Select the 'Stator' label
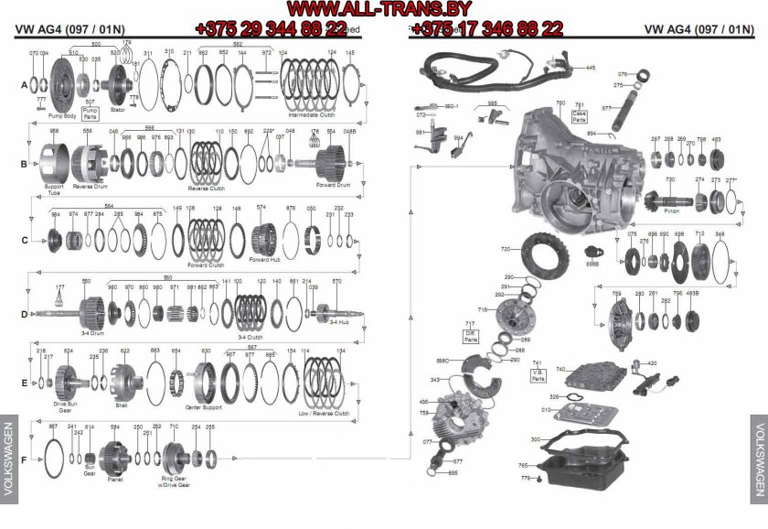[x=117, y=111]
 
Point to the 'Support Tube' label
[x=54, y=190]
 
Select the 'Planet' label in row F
[x=115, y=478]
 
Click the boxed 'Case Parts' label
[x=579, y=114]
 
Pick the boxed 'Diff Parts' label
[x=471, y=332]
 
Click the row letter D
[x=25, y=313]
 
